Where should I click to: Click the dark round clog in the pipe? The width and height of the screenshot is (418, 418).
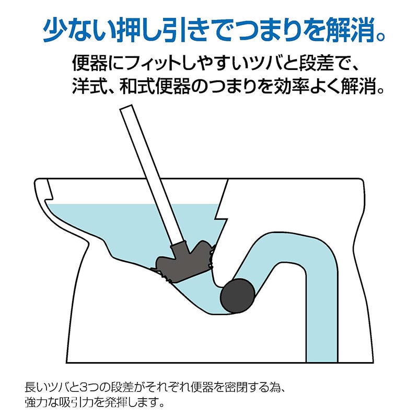point(237,296)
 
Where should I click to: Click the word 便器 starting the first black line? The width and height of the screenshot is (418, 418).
point(90,63)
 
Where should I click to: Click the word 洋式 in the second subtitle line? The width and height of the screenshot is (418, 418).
point(89,86)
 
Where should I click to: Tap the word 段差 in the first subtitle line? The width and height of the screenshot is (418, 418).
point(317,63)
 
